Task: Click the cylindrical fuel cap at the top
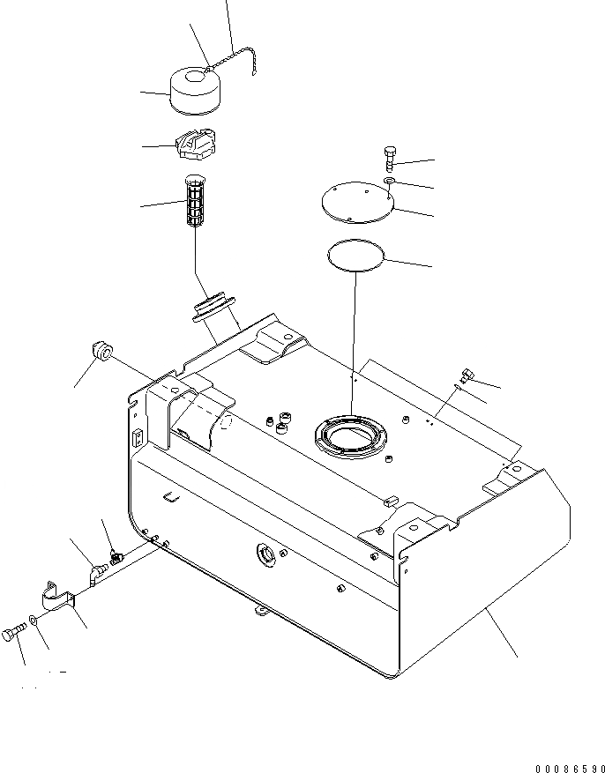coord(195,92)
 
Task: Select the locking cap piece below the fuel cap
coord(197,145)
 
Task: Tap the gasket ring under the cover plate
coord(355,256)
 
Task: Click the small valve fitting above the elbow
coord(115,557)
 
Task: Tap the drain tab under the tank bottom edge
coord(258,609)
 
